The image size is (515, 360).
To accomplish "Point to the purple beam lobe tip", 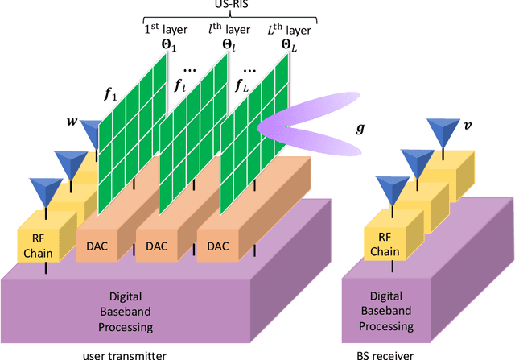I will (x=262, y=126).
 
